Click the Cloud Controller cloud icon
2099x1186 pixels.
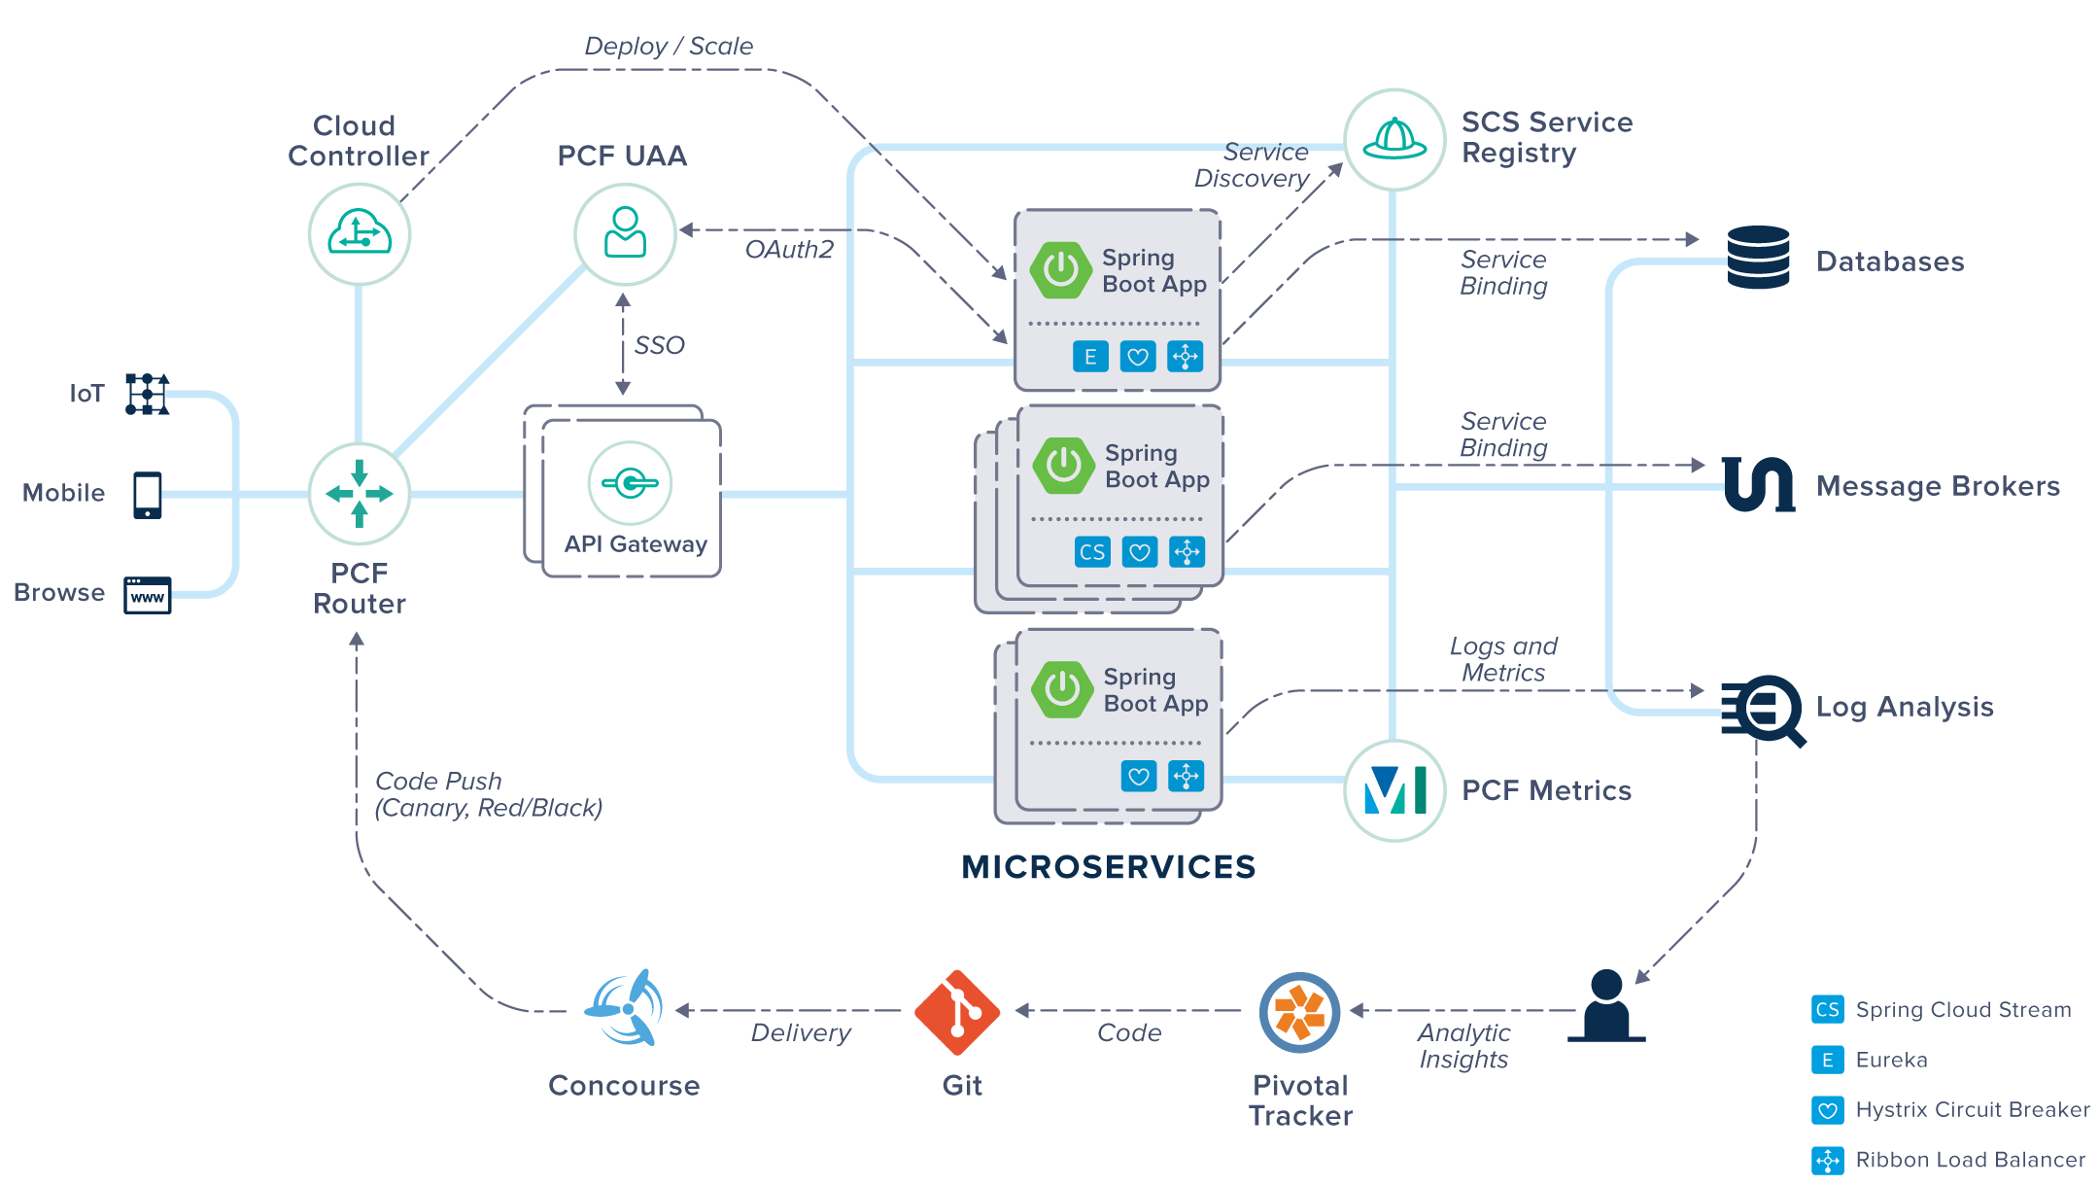(360, 234)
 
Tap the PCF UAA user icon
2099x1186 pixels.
(625, 233)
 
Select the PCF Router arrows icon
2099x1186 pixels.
(360, 494)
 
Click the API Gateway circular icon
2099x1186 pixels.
(630, 482)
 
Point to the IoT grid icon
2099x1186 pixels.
(148, 394)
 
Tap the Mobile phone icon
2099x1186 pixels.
(148, 495)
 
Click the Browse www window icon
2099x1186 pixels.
(148, 595)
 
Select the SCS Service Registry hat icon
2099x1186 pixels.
(1394, 140)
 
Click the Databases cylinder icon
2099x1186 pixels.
(1758, 258)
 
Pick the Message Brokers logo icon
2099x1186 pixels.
(1758, 484)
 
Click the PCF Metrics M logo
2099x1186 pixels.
(1394, 790)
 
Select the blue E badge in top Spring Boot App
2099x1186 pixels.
(1090, 357)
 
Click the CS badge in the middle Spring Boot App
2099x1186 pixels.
(1092, 552)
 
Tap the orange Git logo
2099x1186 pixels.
(957, 1012)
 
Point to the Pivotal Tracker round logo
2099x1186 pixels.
(1299, 1012)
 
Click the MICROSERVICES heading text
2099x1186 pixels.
(1108, 866)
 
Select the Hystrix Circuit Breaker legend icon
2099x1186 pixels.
(1827, 1109)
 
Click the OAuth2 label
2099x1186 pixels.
(789, 250)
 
